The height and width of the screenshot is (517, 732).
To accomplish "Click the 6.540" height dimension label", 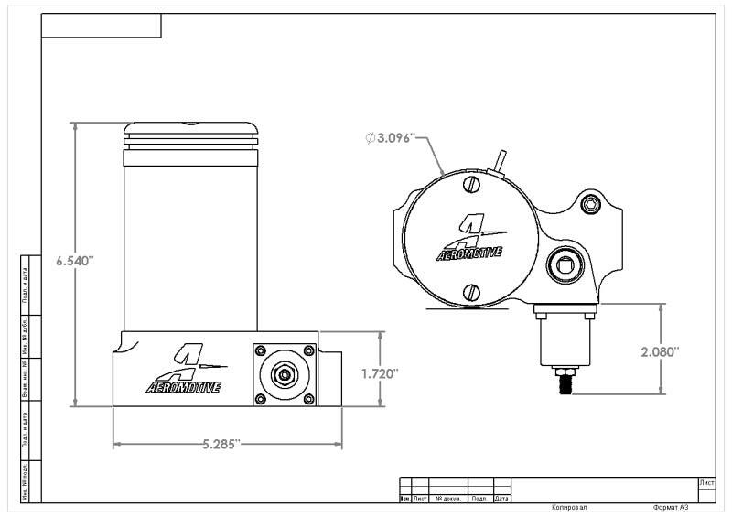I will (x=74, y=261).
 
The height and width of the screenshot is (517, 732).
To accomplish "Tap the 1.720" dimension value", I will (x=380, y=373).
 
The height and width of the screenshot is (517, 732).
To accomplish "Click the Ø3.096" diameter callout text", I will (x=391, y=138).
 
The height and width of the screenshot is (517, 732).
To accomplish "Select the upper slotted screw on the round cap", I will (x=471, y=185).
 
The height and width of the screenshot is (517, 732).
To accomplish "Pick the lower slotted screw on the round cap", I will (x=471, y=293).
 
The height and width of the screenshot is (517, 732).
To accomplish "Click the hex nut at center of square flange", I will (x=285, y=374).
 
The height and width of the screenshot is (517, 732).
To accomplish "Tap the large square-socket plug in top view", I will (x=561, y=267).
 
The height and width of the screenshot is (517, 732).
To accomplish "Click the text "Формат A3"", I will (x=670, y=508).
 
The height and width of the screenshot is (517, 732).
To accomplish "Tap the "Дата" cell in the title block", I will (x=502, y=499).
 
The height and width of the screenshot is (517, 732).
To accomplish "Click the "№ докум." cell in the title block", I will (x=449, y=499).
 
